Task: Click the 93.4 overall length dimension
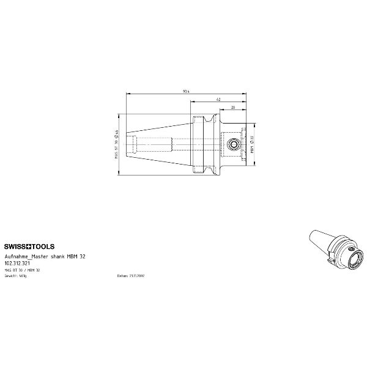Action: (185, 91)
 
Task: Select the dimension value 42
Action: (218, 99)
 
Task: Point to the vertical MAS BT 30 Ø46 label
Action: (116, 144)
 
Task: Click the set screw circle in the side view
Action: (232, 145)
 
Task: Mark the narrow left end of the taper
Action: (128, 145)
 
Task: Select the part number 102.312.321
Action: (18, 263)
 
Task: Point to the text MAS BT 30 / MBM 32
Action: (22, 270)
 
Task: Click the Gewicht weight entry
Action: (16, 276)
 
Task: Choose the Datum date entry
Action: (131, 276)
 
